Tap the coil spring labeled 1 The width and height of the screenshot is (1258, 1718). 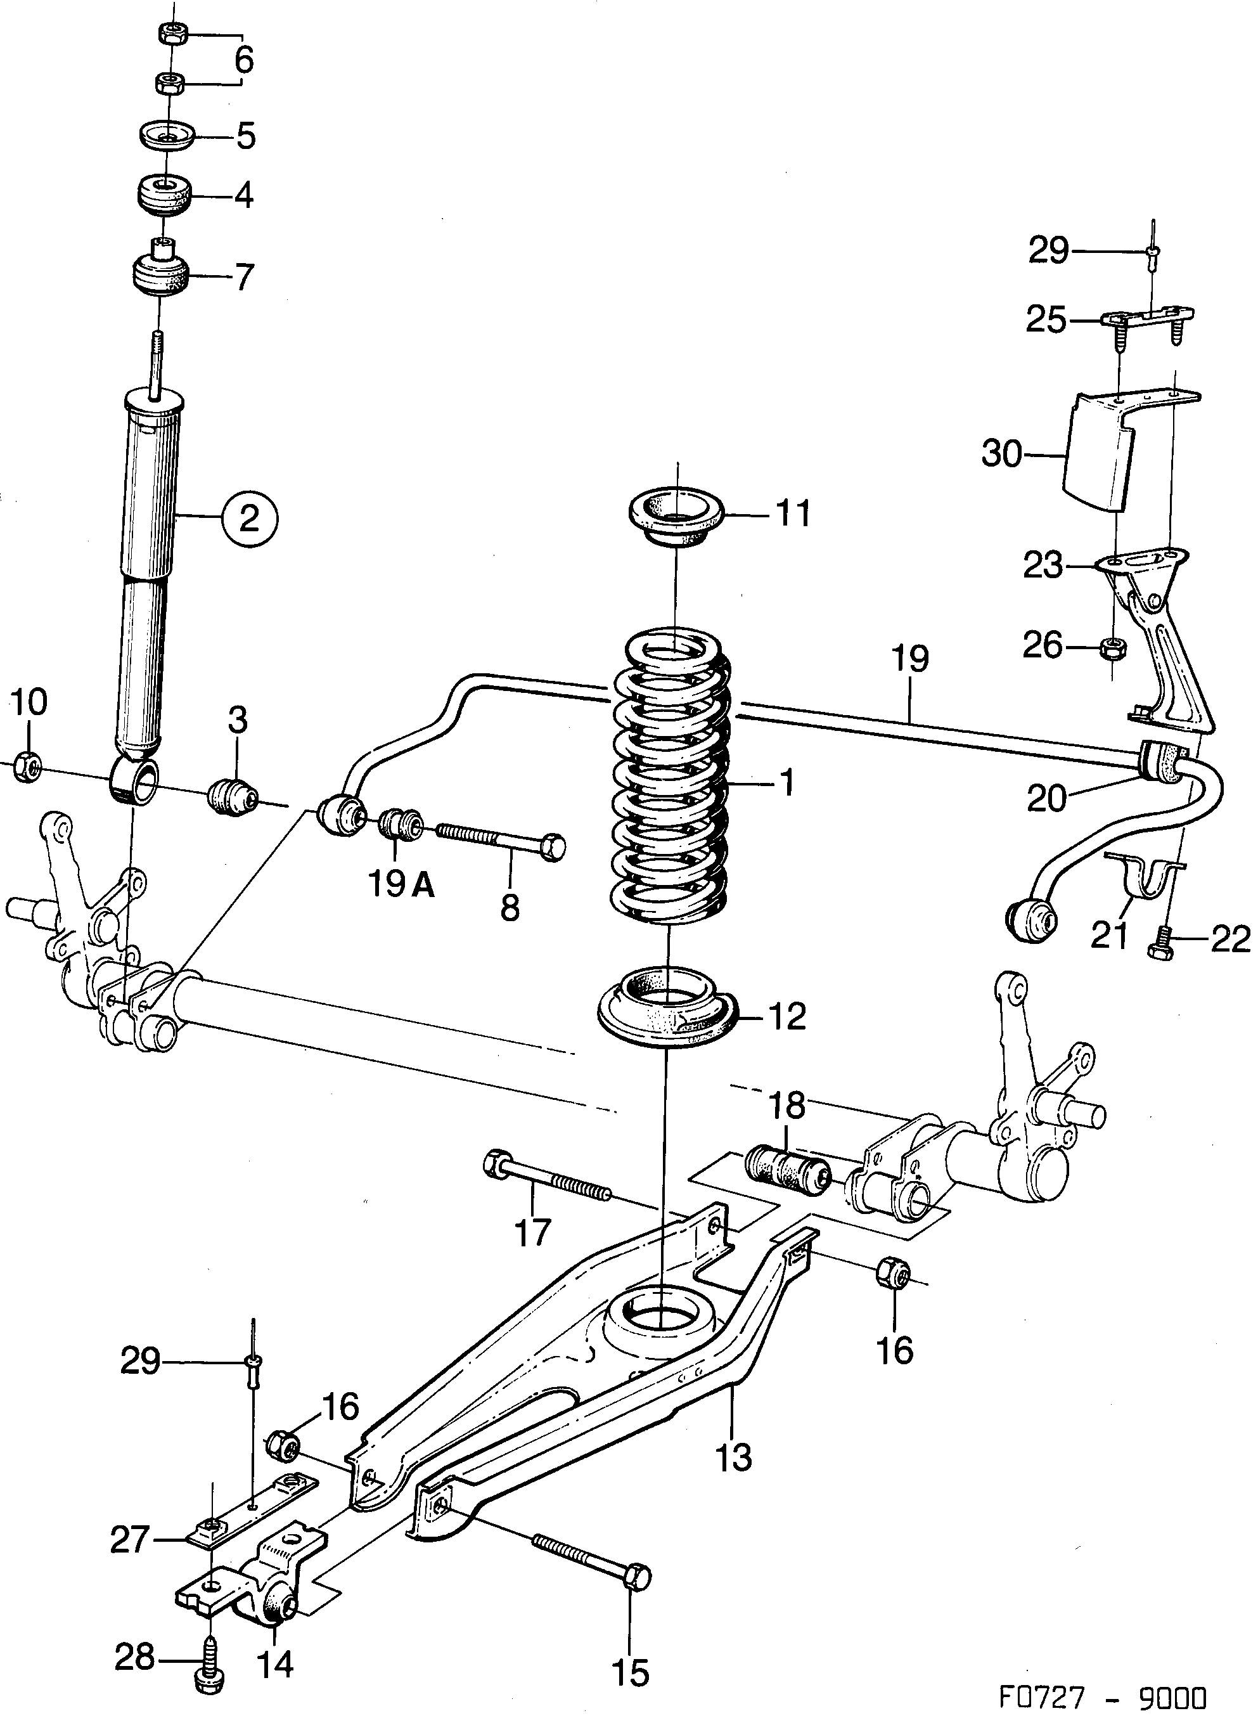[670, 777]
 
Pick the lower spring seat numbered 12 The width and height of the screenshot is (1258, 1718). [668, 1007]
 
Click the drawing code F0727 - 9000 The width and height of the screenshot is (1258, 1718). [1103, 1695]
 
